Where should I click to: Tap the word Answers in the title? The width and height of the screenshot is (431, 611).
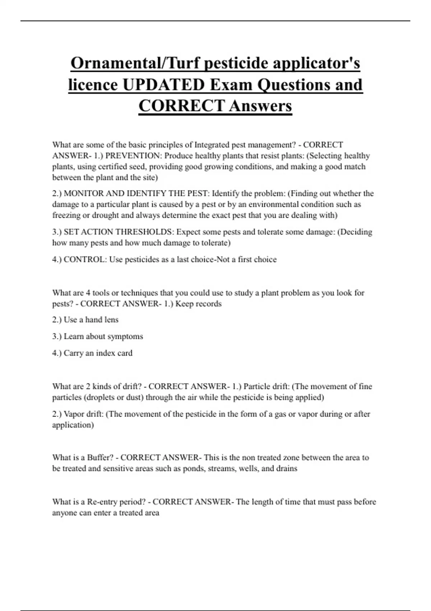point(260,106)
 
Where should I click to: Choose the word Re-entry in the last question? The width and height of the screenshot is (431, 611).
point(102,502)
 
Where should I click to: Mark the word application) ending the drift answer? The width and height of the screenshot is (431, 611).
point(73,425)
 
